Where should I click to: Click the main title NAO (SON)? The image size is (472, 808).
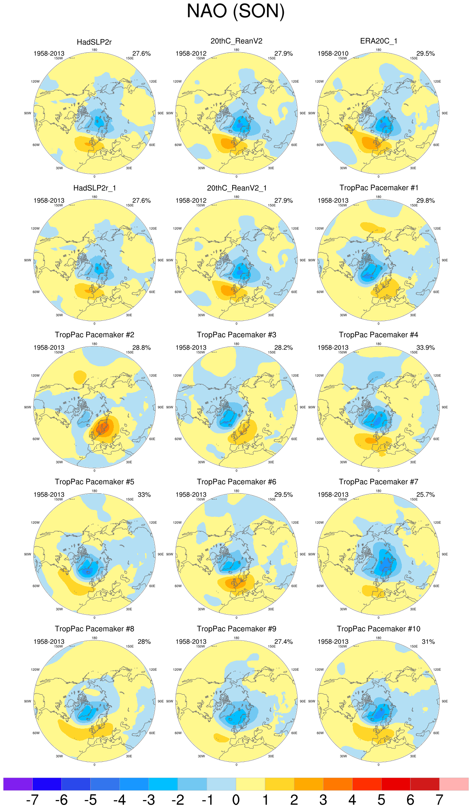(236, 11)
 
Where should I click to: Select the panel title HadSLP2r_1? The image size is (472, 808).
(94, 188)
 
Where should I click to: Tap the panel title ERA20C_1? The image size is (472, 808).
(379, 41)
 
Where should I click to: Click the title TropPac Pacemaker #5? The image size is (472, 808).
(94, 482)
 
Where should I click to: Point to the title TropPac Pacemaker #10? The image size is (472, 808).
(379, 629)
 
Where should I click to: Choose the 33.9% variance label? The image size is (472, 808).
(425, 348)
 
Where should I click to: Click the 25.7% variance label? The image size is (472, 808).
(425, 495)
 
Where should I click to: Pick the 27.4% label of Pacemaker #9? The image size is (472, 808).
(283, 642)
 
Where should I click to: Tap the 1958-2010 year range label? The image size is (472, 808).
(333, 54)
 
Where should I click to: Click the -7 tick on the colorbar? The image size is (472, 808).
(32, 800)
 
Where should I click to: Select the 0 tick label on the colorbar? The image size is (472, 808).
(236, 800)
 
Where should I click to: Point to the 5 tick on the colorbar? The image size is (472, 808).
(381, 800)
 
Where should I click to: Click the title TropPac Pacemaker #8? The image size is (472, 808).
(94, 629)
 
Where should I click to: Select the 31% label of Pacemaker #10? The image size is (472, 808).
(428, 642)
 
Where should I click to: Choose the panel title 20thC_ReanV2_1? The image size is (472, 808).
(237, 188)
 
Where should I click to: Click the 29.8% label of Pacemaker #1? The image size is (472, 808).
(425, 201)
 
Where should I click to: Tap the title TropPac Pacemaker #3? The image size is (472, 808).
(236, 335)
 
